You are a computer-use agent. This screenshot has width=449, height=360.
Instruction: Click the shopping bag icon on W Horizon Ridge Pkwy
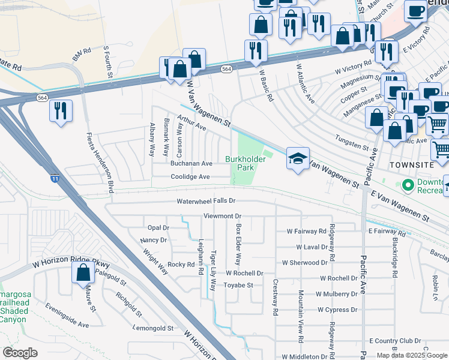83,273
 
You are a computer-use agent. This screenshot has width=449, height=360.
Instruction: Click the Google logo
20,352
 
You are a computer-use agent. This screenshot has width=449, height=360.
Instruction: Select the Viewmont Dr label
222,215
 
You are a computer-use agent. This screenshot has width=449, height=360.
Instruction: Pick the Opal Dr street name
158,228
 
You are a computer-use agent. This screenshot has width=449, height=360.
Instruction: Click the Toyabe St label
239,285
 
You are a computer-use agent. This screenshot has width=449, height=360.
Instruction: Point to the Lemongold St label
153,328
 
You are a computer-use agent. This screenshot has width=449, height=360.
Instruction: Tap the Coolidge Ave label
190,177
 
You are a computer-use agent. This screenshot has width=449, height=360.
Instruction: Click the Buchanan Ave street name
191,163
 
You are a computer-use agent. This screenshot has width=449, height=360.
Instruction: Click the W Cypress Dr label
337,310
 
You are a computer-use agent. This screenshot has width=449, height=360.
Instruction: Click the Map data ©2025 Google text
412,355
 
